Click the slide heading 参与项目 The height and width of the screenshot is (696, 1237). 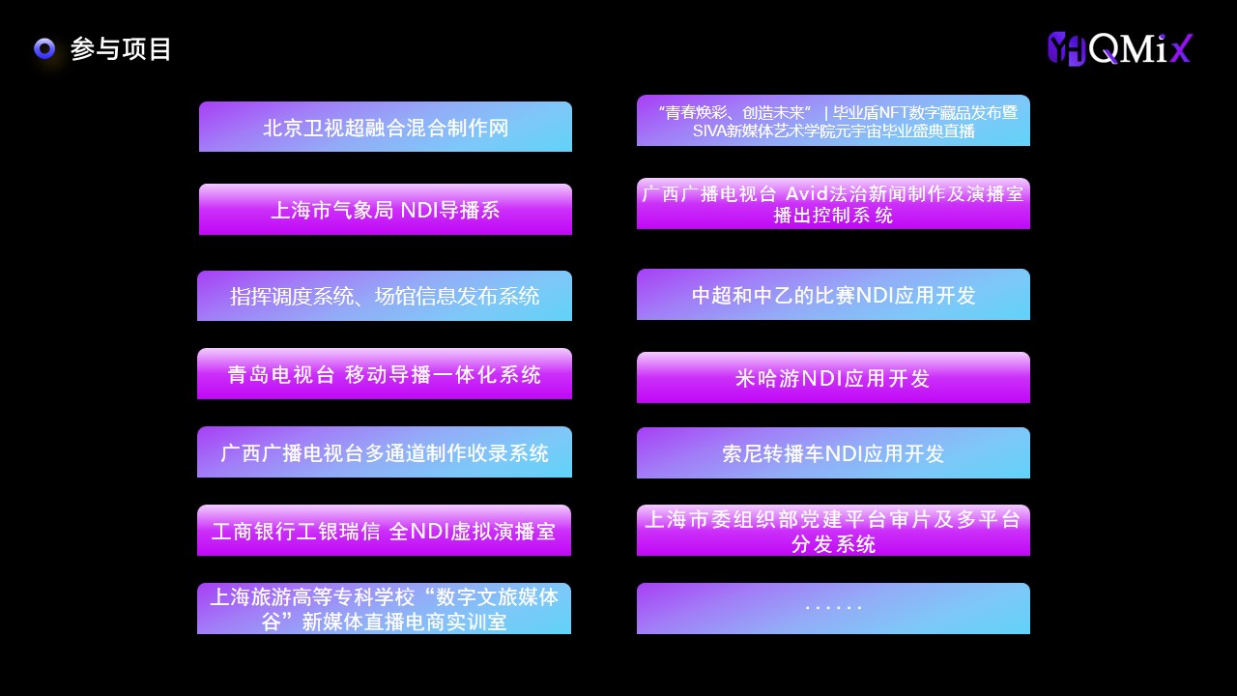pyautogui.click(x=121, y=49)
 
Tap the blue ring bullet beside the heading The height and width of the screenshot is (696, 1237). pyautogui.click(x=44, y=48)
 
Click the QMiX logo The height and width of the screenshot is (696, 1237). pyautogui.click(x=1120, y=48)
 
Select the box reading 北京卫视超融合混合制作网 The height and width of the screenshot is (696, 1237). pyautogui.click(x=386, y=127)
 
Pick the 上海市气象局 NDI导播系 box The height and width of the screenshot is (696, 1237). pyautogui.click(x=386, y=210)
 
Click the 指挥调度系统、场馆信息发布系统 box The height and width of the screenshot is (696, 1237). pyautogui.click(x=385, y=296)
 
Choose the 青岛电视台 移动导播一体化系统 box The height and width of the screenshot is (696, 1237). pyautogui.click(x=385, y=373)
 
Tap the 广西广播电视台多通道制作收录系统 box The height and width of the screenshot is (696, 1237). pyautogui.click(x=385, y=451)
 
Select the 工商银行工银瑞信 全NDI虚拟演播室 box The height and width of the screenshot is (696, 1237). pyautogui.click(x=384, y=531)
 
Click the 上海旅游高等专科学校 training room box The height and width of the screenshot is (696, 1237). pyautogui.click(x=384, y=609)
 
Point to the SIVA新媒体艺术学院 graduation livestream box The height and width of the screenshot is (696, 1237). pyautogui.click(x=833, y=121)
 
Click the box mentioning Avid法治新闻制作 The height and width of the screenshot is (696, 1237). pyautogui.click(x=833, y=203)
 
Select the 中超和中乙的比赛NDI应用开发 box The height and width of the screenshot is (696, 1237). pyautogui.click(x=833, y=295)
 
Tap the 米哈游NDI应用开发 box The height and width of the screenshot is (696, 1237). pyautogui.click(x=833, y=377)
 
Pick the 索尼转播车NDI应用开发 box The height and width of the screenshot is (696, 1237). pyautogui.click(x=833, y=453)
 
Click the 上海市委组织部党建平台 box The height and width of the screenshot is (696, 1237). pyautogui.click(x=833, y=531)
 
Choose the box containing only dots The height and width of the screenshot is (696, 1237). pyautogui.click(x=833, y=609)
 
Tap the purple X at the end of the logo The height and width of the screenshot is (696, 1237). pyautogui.click(x=1181, y=48)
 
